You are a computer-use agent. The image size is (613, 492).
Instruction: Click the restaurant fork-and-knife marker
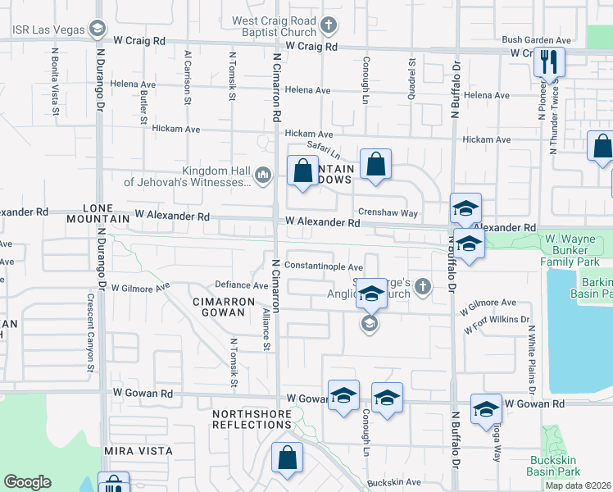coord(548,61)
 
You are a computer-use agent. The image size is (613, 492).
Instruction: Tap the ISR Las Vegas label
coord(48,30)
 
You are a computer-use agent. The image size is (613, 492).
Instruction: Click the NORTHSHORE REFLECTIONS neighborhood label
coord(252,418)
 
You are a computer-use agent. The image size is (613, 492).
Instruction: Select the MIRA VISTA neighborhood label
coord(138,451)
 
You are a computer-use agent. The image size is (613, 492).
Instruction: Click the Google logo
coord(27,482)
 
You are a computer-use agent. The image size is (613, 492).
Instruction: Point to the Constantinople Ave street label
coord(324,267)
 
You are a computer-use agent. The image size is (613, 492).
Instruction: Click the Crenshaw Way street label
coord(388,212)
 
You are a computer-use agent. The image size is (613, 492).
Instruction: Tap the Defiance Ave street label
coord(241,285)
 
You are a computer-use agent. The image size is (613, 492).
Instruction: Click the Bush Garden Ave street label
coord(536,39)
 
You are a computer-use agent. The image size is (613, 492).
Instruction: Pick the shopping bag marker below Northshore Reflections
coord(288,459)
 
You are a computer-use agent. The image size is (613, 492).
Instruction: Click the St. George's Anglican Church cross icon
coord(422,286)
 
